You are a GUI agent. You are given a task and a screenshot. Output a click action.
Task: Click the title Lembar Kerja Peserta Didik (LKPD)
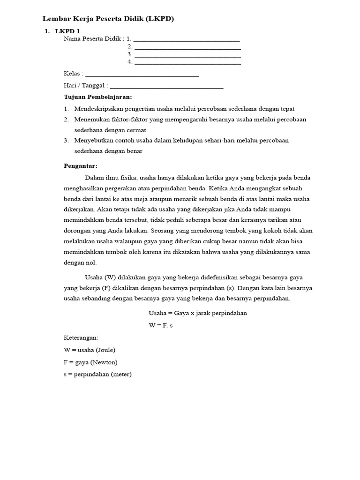108,19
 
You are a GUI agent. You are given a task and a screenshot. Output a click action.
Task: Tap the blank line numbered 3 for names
187,56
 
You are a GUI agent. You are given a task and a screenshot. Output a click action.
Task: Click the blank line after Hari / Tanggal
166,87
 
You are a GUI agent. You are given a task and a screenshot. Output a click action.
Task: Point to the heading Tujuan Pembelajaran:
98,97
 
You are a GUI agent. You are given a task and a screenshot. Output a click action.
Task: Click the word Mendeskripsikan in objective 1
97,109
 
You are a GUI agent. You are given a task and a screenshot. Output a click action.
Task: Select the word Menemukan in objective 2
91,120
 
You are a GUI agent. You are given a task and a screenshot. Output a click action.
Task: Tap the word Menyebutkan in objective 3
95,140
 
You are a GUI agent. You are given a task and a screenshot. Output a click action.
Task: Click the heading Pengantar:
80,165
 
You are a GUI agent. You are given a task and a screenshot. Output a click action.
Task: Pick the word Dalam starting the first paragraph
94,178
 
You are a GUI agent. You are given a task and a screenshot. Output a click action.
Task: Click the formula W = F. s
161,325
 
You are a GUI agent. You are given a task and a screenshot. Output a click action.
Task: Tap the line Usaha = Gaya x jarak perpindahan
197,313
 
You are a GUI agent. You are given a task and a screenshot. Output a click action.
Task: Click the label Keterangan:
81,337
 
